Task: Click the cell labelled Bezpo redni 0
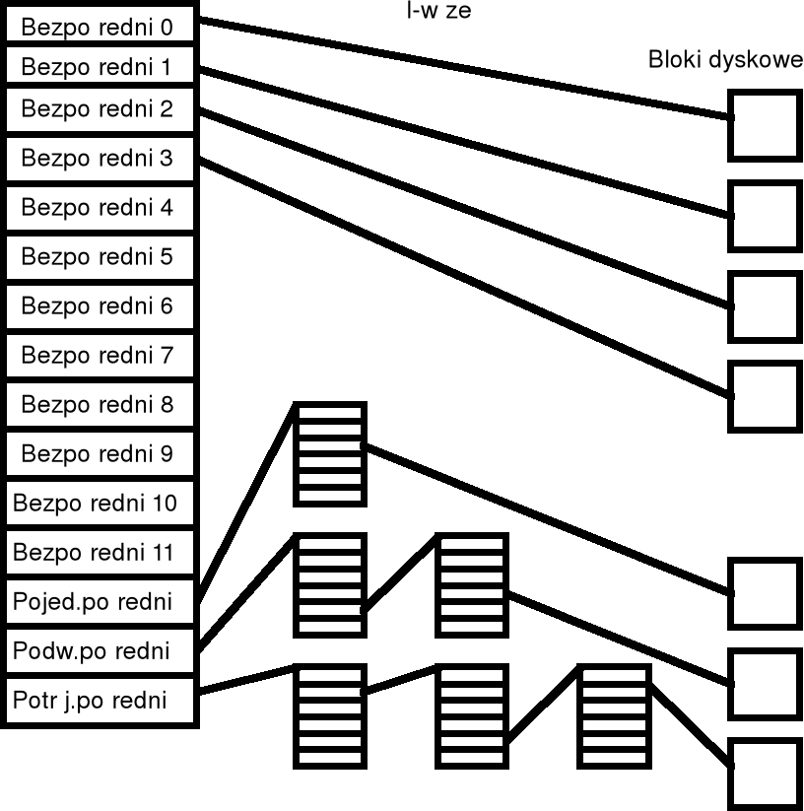click(x=99, y=27)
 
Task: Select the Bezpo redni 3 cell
click(x=99, y=158)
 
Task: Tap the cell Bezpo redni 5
click(x=99, y=257)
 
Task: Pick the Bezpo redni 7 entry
click(x=99, y=356)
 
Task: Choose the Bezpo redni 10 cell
click(x=99, y=504)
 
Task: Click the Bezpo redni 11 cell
click(x=99, y=553)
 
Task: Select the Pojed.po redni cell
click(x=99, y=602)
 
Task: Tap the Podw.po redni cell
click(x=99, y=651)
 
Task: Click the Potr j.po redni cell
click(x=99, y=702)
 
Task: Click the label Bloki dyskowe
click(x=725, y=60)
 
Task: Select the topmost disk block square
click(x=764, y=124)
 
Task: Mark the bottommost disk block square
click(x=764, y=773)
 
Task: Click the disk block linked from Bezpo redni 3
click(x=764, y=396)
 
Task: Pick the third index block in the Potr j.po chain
click(x=613, y=715)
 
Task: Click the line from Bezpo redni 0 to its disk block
click(x=463, y=68)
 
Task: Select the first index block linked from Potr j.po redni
click(x=330, y=715)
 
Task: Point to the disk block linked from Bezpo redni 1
click(x=764, y=216)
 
